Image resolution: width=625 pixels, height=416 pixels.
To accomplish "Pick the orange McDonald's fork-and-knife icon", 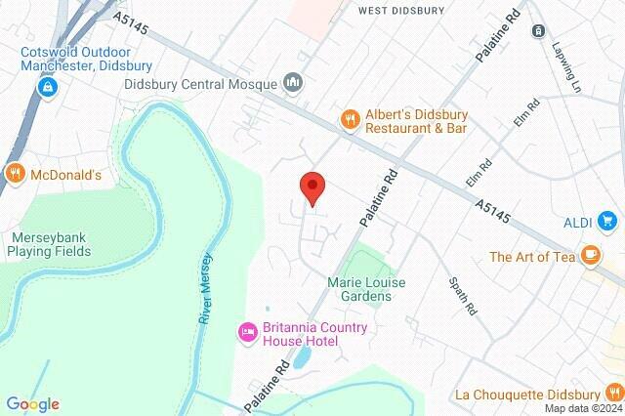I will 15,175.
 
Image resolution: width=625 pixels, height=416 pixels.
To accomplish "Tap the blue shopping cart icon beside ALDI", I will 608,223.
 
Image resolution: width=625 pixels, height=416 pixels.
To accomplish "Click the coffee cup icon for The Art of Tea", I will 589,257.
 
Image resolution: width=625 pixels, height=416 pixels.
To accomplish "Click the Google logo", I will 32,404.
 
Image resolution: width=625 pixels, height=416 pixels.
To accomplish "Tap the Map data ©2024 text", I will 582,409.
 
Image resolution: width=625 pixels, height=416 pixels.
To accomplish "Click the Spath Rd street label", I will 462,294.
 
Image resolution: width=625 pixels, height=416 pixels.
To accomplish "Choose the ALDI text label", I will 578,223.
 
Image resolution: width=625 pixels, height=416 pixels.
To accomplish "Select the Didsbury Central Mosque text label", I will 201,84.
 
